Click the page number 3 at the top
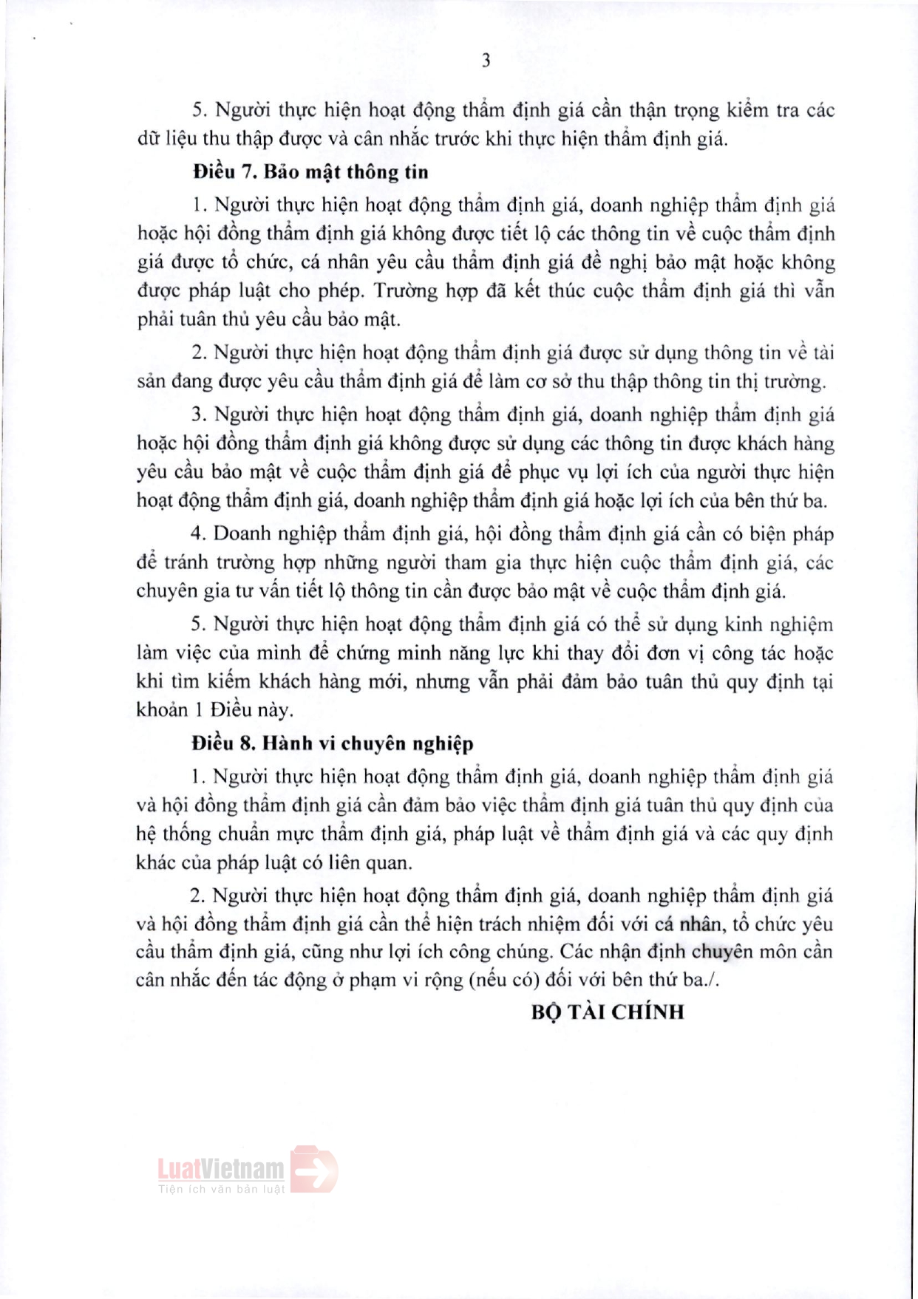[486, 61]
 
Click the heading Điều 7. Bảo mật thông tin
[310, 172]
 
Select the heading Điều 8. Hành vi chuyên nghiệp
[333, 743]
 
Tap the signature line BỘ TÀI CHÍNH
[608, 1012]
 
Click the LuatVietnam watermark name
[220, 1169]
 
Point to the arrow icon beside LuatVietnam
[313, 1169]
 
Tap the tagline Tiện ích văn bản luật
[221, 1189]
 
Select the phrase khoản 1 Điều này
[214, 711]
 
